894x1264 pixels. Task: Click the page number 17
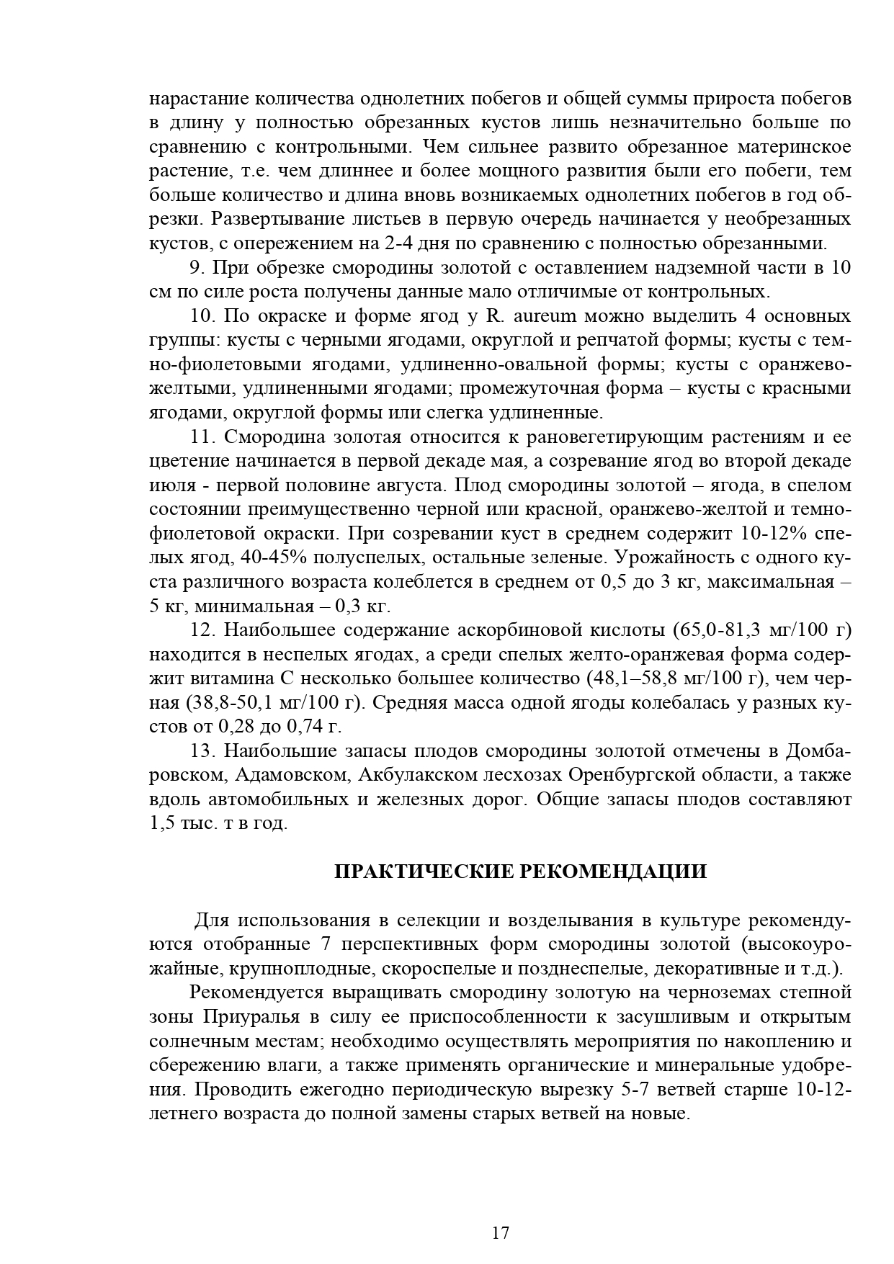pyautogui.click(x=501, y=1232)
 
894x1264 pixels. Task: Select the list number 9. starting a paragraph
pyautogui.click(x=198, y=268)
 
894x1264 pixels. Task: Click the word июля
pyautogui.click(x=170, y=485)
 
